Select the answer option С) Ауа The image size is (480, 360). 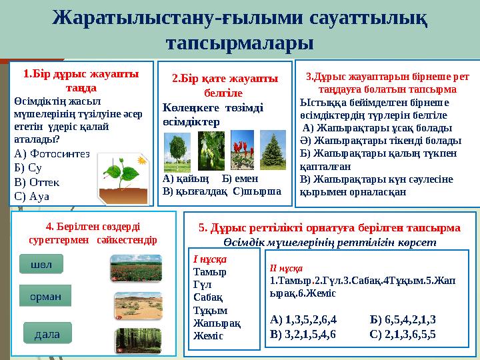[31, 196]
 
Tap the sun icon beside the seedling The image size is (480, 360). [141, 161]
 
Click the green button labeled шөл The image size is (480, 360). [41, 264]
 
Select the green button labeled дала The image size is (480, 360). [47, 332]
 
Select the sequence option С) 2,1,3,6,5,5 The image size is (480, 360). [403, 333]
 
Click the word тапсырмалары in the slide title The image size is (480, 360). [239, 43]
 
